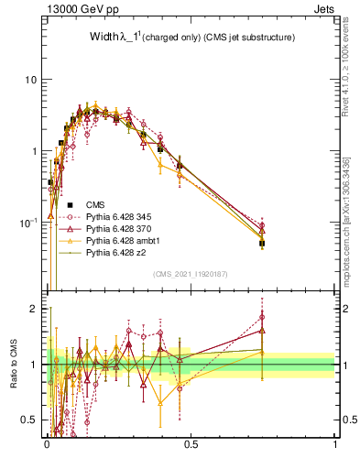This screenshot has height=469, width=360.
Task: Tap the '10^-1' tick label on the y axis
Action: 28,222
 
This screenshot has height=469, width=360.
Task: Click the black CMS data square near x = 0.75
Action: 262,244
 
